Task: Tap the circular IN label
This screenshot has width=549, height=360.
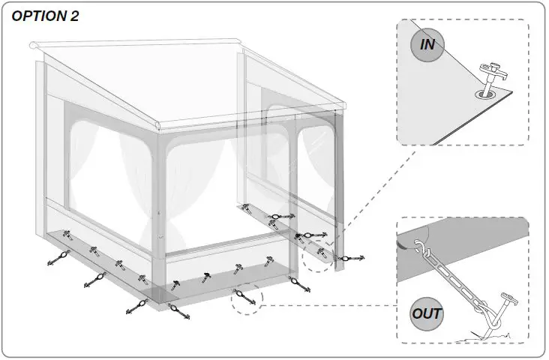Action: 427,44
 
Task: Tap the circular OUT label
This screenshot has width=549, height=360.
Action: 426,313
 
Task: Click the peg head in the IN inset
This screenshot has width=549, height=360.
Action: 492,73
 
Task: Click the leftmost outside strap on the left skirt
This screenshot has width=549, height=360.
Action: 57,259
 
